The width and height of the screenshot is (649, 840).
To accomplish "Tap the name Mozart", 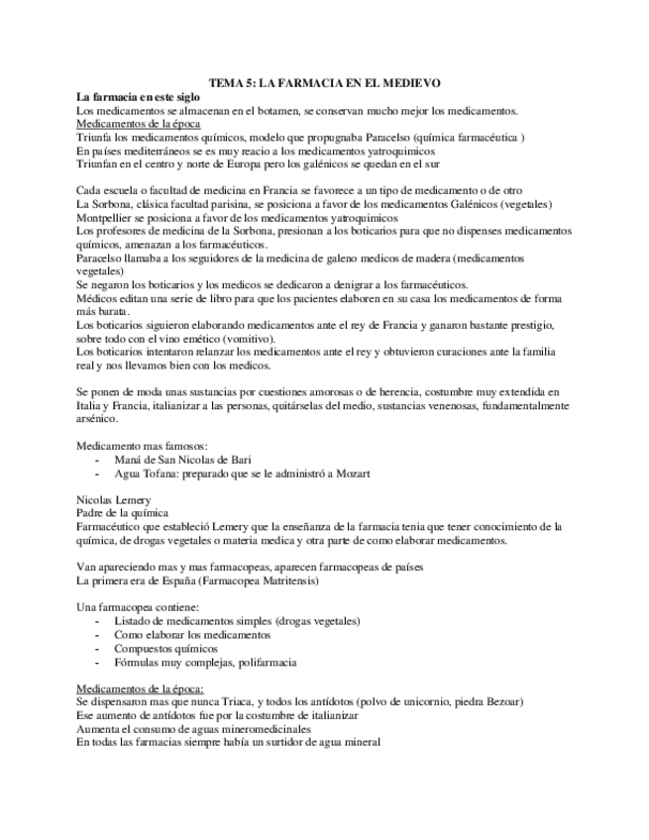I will coord(351,473).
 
